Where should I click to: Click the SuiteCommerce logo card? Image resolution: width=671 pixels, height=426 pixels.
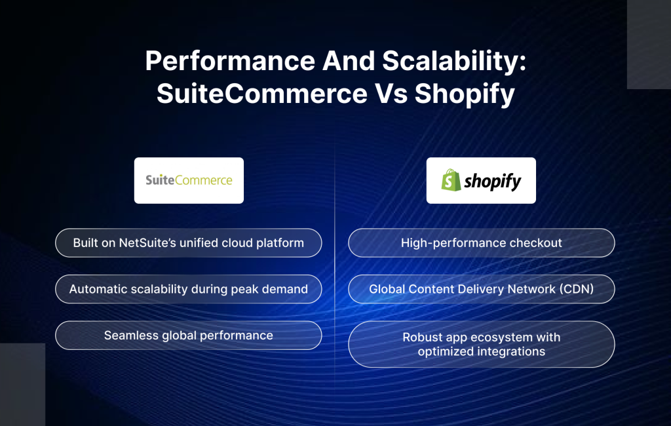(189, 180)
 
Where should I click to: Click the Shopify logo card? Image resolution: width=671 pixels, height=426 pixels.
(481, 180)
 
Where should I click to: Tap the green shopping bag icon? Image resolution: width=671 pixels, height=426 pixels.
(451, 180)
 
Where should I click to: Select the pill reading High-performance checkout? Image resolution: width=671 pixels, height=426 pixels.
(481, 243)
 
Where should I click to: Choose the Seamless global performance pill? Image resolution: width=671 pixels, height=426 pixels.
(189, 336)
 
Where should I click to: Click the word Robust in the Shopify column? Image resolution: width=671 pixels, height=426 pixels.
(422, 338)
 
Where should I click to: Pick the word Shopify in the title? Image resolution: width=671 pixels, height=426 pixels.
(465, 94)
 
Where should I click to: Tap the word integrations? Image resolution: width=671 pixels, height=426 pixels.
(511, 351)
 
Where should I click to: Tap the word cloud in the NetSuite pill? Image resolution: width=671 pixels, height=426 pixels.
(245, 243)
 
